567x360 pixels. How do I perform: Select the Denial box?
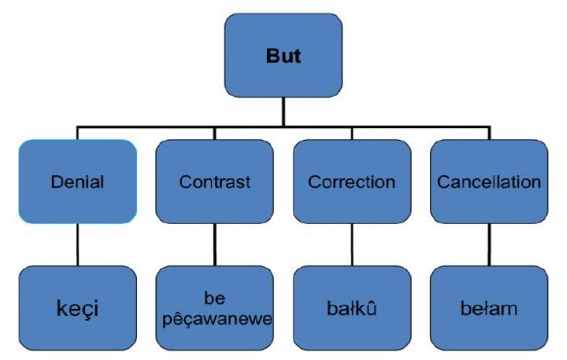[76, 181]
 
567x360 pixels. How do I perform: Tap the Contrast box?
[214, 181]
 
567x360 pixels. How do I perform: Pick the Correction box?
[351, 181]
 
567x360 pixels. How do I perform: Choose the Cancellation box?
[489, 181]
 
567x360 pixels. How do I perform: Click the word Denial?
[76, 182]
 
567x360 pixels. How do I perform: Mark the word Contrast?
[214, 182]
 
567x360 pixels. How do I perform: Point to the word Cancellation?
[489, 182]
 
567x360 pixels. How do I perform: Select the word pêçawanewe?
[214, 319]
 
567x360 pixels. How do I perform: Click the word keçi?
[76, 310]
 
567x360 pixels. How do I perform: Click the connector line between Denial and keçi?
[76, 245]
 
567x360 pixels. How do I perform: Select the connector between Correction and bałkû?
[351, 245]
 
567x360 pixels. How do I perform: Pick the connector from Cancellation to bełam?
[489, 245]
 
